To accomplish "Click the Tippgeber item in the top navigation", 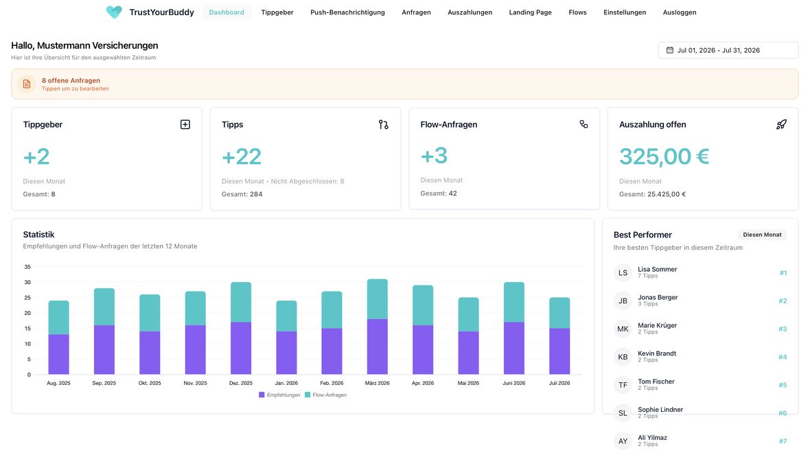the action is pos(277,12).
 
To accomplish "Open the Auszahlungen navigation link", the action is pos(470,12).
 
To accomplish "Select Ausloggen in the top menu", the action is pos(680,12).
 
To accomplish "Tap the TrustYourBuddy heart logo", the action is pos(114,12).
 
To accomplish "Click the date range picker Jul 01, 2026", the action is pos(728,50).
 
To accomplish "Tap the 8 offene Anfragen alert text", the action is pos(71,80).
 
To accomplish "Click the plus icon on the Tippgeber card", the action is pos(185,124).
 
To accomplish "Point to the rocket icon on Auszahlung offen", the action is pos(781,124).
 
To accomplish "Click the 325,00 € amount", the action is pos(664,156).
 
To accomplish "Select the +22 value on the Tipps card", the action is pos(241,156).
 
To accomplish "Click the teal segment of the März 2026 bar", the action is pos(377,299).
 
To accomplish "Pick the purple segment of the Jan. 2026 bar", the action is pos(286,353).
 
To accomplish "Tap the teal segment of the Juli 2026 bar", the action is pos(559,313).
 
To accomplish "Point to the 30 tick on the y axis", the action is pos(27,283).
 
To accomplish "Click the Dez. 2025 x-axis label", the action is pos(241,383).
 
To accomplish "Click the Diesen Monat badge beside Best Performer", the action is pos(762,235).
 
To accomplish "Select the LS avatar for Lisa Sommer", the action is pos(623,272).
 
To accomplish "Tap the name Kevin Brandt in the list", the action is pos(656,353).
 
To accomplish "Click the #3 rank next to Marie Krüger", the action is pos(783,329).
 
